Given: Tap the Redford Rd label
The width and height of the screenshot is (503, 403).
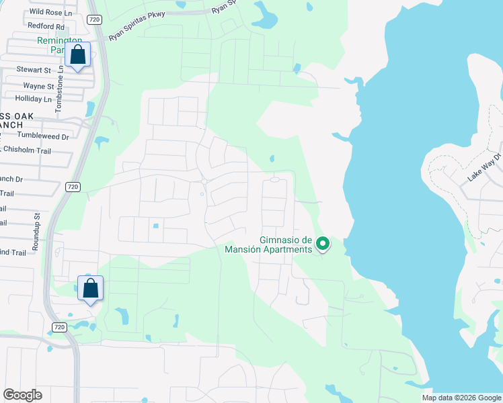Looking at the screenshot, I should coord(46,26).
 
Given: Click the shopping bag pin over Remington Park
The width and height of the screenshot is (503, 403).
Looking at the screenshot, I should coord(78,55).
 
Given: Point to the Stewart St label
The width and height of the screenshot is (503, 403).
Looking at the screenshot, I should coord(34,70).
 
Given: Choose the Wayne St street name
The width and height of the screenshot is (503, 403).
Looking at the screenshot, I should coord(38,86).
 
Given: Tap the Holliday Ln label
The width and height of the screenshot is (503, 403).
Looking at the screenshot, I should coord(34,99).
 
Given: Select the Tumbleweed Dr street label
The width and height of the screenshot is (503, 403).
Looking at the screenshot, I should coord(44,136).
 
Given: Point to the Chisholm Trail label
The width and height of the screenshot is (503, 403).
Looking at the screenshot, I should coord(27,150).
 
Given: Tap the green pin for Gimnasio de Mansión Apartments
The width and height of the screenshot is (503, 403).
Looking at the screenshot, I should coord(323,244).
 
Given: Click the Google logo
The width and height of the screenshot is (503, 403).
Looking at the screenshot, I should coord(23,395).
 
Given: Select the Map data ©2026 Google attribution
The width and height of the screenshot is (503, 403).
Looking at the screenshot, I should coord(461,398).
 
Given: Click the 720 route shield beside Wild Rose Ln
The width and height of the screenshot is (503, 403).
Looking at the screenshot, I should coord(93,20).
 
